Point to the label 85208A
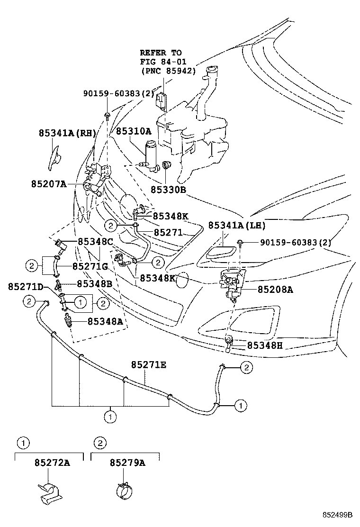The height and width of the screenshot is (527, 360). (x=275, y=289)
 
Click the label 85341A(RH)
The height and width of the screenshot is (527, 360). (x=67, y=134)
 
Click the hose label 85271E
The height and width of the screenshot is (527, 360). (x=149, y=364)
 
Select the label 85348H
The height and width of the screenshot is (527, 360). (x=265, y=345)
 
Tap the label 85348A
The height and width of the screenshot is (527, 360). (x=105, y=321)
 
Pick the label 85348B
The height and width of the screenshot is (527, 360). (x=95, y=284)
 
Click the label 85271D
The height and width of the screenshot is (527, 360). (x=26, y=287)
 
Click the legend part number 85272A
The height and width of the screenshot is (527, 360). (x=52, y=463)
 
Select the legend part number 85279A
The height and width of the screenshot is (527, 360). (x=127, y=463)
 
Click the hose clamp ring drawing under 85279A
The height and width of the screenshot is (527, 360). (x=126, y=489)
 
